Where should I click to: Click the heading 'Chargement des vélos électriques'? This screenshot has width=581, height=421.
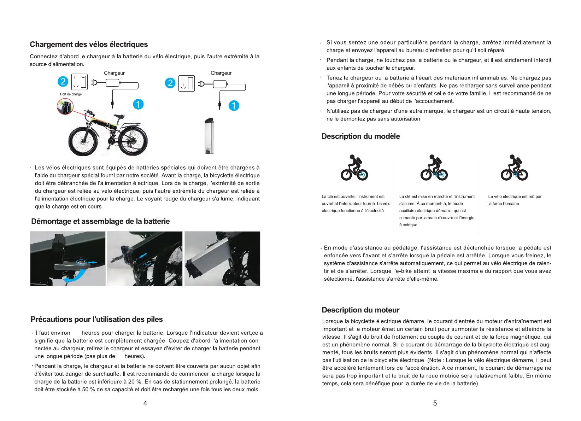pyautogui.click(x=89, y=45)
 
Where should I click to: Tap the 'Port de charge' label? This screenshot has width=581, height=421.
pyautogui.click(x=71, y=94)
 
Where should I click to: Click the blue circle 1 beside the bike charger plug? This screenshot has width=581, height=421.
pyautogui.click(x=138, y=104)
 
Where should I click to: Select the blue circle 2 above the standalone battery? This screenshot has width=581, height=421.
pyautogui.click(x=170, y=83)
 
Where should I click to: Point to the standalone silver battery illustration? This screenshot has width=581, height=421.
pyautogui.click(x=209, y=136)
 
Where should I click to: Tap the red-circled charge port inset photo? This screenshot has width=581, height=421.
pyautogui.click(x=65, y=106)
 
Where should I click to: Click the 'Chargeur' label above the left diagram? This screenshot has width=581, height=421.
pyautogui.click(x=114, y=73)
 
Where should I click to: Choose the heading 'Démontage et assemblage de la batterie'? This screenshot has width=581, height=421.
pyautogui.click(x=100, y=222)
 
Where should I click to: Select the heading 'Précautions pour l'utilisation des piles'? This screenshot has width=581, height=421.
pyautogui.click(x=96, y=320)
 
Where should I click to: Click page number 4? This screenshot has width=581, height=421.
pyautogui.click(x=145, y=403)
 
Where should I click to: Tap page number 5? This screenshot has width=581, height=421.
pyautogui.click(x=435, y=403)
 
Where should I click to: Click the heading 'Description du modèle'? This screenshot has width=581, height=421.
pyautogui.click(x=360, y=136)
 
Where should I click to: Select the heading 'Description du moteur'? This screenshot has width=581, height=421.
pyautogui.click(x=360, y=310)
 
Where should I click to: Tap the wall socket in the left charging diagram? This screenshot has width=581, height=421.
pyautogui.click(x=80, y=82)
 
